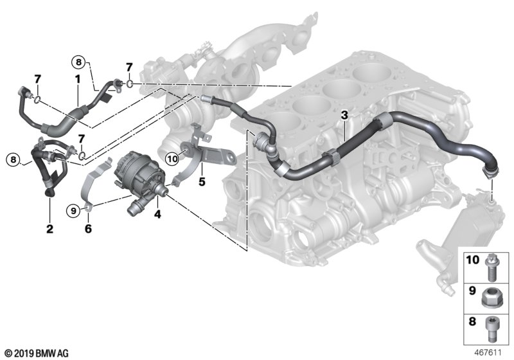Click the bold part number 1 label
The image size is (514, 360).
pos(77,79)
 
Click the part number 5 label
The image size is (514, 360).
pos(202,182)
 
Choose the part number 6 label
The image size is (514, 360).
pos(88,228)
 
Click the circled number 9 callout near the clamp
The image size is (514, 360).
pos(74,209)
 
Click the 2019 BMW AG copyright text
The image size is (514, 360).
pos(35,353)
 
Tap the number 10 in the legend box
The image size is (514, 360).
pos(472,260)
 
